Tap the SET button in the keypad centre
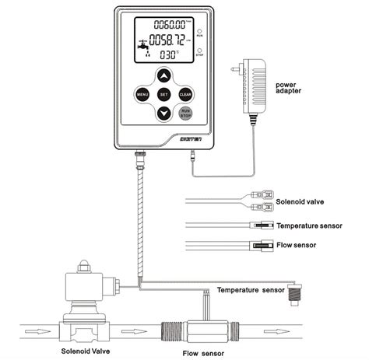pyautogui.click(x=163, y=94)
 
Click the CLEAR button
pyautogui.click(x=185, y=94)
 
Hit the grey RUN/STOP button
pyautogui.click(x=186, y=114)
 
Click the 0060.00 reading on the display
pyautogui.click(x=173, y=26)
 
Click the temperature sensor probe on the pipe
pyautogui.click(x=294, y=293)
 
